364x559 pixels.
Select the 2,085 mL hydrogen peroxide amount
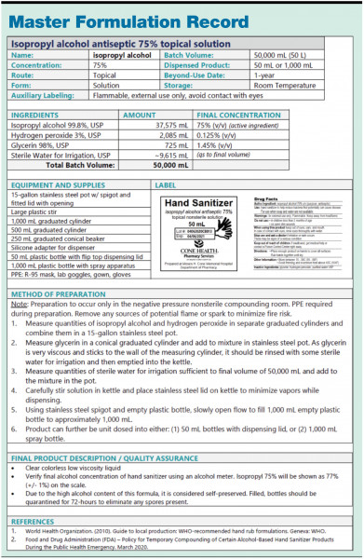point(171,135)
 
